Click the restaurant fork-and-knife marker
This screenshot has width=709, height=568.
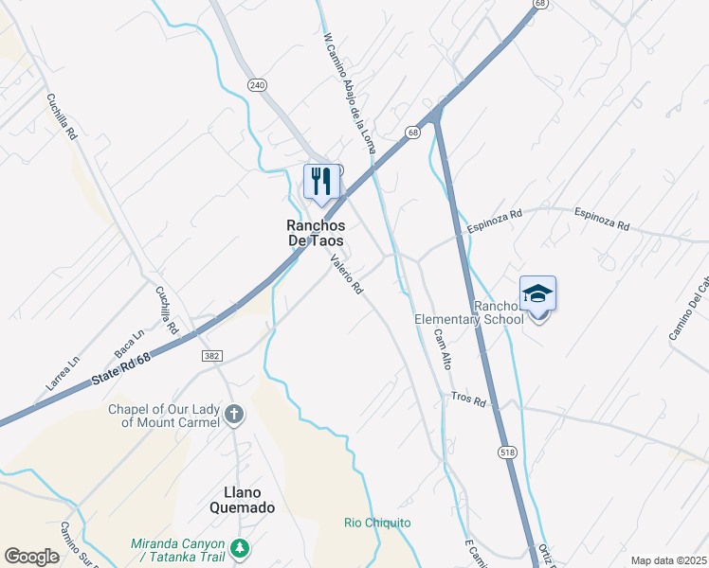coord(320,181)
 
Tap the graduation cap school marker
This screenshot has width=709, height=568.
coord(537,293)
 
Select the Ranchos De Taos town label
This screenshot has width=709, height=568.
coord(316,233)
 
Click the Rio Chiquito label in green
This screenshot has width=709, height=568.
coord(377,523)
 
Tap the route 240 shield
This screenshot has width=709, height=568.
coord(257,84)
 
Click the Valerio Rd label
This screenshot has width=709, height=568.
coord(347,275)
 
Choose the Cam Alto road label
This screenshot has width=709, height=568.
coord(442,348)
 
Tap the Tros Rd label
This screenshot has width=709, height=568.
coord(468,400)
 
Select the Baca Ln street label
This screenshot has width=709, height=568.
coord(129,344)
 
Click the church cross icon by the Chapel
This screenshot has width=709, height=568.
coord(233,415)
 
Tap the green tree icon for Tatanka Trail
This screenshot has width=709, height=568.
coord(241,548)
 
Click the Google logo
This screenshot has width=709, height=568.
coord(31,557)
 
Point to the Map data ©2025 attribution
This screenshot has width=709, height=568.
coord(669,560)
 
